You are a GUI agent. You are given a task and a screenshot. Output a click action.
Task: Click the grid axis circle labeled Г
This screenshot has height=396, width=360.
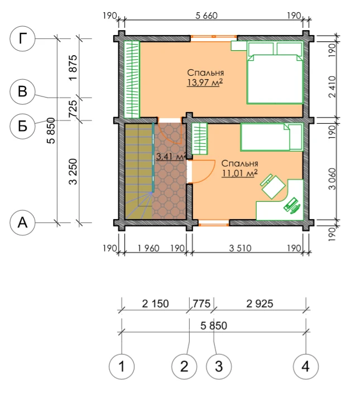tap(22, 38)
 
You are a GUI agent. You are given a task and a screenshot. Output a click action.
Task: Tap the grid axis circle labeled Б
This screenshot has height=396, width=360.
tap(22, 126)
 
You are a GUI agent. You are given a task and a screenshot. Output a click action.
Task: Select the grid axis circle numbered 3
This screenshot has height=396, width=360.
tap(219, 366)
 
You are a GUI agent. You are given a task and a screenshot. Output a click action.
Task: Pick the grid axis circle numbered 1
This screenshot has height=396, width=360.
tap(122, 366)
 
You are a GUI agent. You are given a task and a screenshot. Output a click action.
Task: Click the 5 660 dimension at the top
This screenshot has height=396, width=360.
tap(207, 16)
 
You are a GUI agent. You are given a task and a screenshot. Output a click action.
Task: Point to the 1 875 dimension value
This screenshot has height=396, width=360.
tap(73, 67)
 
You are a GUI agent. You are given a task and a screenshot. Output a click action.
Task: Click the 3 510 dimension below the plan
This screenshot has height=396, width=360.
tap(240, 248)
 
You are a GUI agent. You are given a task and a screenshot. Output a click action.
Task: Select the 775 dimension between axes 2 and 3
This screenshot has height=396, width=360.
tap(201, 303)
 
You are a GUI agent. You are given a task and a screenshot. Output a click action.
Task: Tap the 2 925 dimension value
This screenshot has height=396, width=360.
tap(260, 303)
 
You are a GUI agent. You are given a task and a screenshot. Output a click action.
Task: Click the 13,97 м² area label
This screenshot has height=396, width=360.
tap(205, 83)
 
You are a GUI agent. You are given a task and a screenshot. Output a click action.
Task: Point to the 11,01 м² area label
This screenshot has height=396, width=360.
tap(239, 173)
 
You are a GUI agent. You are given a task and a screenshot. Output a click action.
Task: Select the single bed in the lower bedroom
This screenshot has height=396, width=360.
tap(271, 137)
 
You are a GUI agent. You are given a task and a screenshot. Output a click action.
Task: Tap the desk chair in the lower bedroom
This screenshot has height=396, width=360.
tap(273, 186)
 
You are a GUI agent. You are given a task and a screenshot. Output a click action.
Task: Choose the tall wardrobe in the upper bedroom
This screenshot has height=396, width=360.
tap(132, 80)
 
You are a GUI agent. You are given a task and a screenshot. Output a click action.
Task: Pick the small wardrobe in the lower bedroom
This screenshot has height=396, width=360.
tap(200, 139)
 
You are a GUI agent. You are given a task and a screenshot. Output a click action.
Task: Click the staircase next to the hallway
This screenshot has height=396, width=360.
tap(139, 171)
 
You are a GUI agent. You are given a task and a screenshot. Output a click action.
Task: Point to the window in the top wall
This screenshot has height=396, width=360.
tap(214, 37)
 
